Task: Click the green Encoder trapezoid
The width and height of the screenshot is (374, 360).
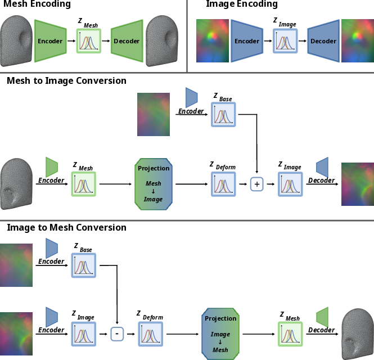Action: (50, 41)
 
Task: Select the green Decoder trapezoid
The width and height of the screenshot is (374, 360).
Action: (127, 41)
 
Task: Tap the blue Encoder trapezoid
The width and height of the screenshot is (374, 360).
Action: (247, 41)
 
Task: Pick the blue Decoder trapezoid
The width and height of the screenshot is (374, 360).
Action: (323, 41)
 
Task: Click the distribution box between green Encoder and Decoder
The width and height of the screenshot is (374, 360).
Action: (88, 41)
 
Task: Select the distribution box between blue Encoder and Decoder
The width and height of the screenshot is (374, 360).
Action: (285, 41)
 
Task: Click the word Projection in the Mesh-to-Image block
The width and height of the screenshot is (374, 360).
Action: (154, 168)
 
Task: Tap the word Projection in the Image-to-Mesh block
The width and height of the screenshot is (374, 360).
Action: (220, 318)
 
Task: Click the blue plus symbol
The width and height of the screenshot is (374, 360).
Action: (256, 184)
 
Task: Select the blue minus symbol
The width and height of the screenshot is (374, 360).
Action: (117, 334)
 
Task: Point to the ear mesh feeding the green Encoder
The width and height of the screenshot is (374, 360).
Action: (16, 41)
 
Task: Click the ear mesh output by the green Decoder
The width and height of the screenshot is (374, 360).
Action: (162, 41)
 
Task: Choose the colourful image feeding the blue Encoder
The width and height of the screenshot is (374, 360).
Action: (213, 41)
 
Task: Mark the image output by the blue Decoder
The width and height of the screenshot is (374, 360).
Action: (357, 41)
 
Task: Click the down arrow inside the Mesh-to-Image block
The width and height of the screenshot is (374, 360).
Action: (154, 191)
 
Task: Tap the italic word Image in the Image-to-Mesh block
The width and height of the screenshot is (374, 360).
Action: (220, 334)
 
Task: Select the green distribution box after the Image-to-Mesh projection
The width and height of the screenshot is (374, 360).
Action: (290, 334)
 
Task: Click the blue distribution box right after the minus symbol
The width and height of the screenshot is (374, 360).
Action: (150, 334)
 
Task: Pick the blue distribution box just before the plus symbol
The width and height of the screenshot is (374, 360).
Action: (223, 184)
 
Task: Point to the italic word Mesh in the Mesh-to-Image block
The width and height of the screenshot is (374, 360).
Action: (154, 183)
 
